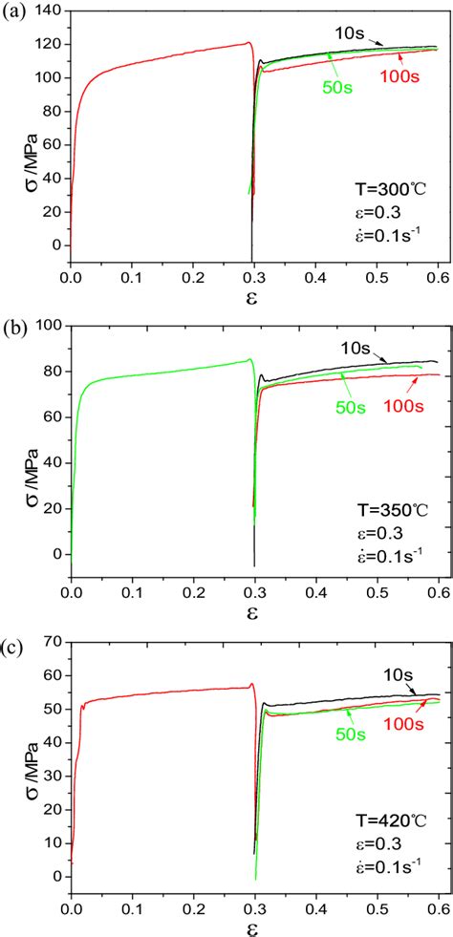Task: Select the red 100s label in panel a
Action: [x=414, y=76]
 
